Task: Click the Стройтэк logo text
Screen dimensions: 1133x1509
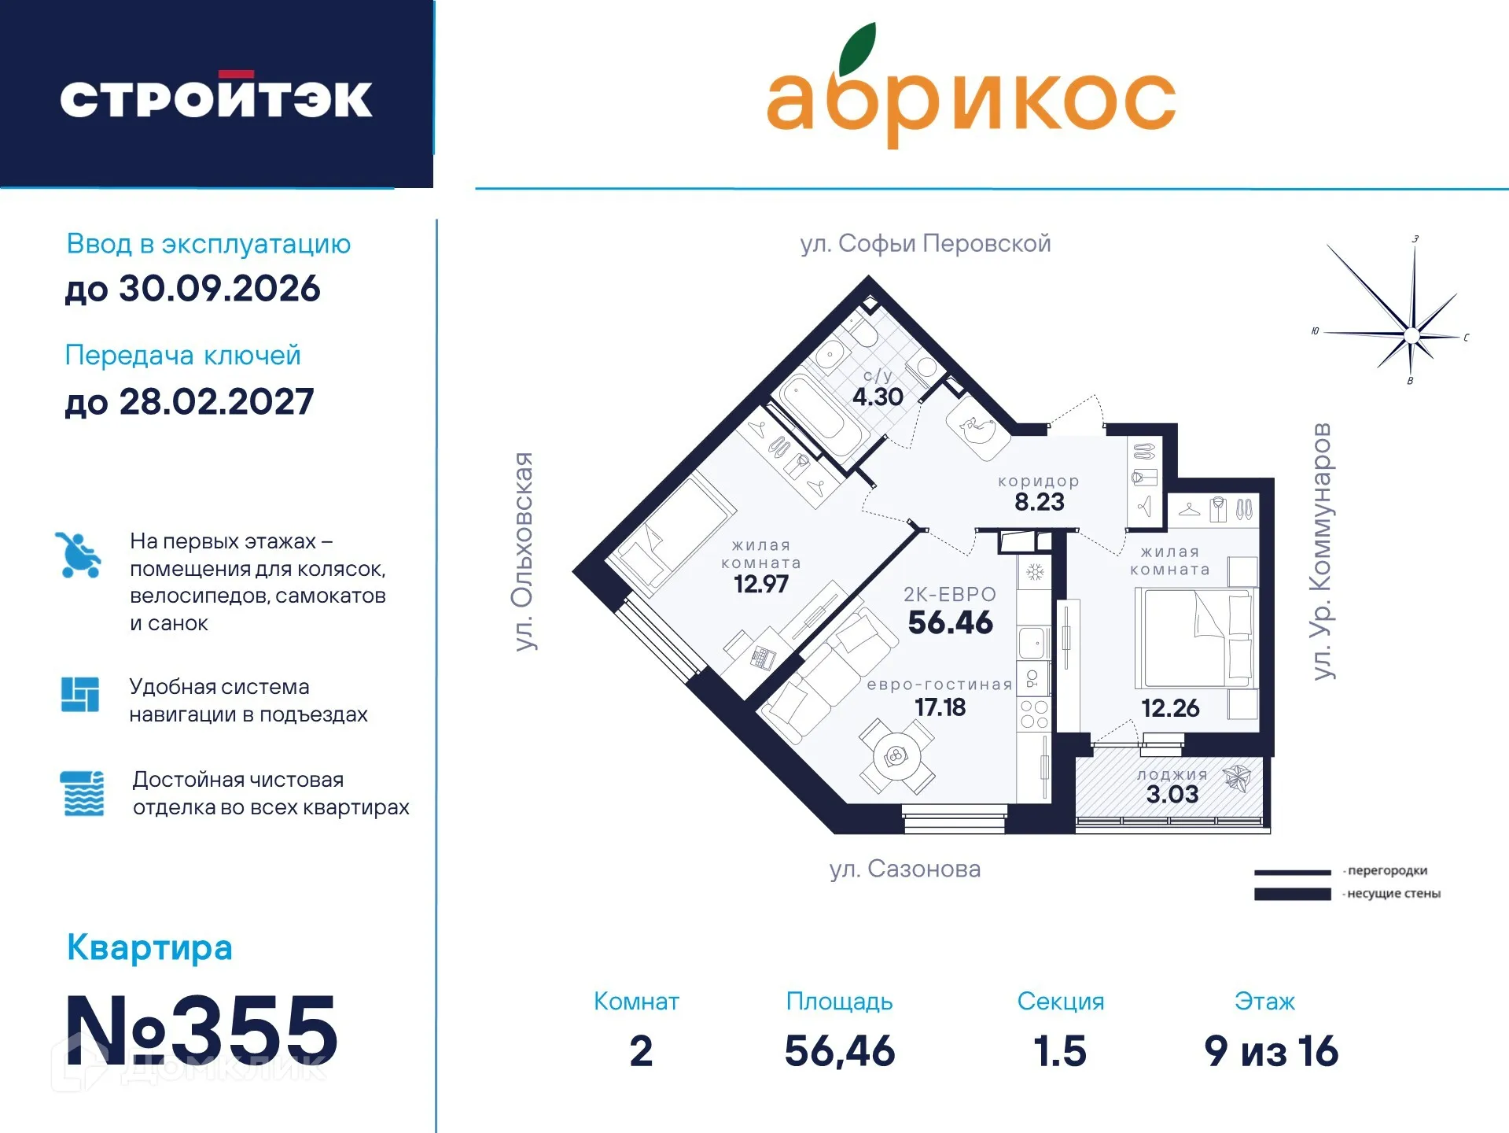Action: (215, 98)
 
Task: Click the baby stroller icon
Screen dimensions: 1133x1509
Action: (78, 555)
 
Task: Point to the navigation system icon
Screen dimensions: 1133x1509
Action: (80, 695)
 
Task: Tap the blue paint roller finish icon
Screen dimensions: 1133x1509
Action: (82, 793)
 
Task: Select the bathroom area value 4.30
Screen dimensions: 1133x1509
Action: (878, 397)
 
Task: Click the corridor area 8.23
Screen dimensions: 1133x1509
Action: (1039, 502)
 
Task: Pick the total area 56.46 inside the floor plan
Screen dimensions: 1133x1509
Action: (950, 622)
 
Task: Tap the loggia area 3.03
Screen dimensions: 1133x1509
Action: (1172, 794)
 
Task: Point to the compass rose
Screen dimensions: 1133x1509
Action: (1411, 334)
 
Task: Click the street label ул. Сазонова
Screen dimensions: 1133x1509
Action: (904, 869)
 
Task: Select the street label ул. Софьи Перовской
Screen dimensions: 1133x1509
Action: (925, 244)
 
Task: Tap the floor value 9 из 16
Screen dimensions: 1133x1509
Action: (1271, 1051)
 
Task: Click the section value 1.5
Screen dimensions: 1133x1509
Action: (1059, 1051)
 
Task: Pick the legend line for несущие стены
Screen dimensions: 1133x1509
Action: (1292, 894)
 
